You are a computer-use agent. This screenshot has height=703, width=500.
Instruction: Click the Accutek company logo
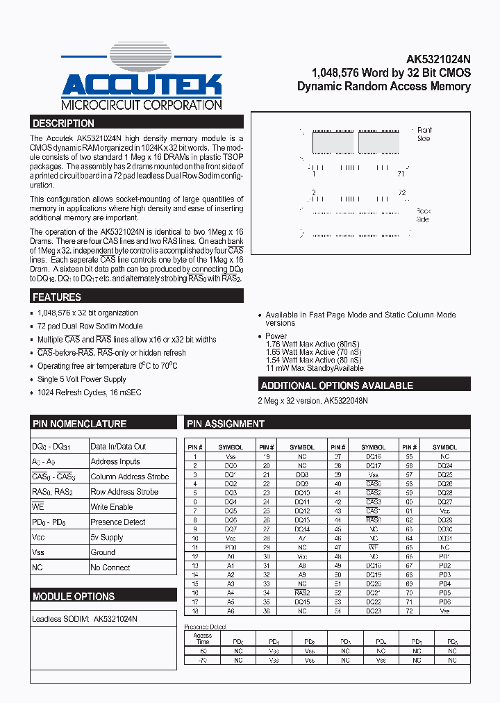pyautogui.click(x=142, y=78)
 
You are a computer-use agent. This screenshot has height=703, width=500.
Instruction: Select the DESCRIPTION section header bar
pyautogui.click(x=137, y=124)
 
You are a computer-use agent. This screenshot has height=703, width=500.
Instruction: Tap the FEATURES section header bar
pyautogui.click(x=137, y=297)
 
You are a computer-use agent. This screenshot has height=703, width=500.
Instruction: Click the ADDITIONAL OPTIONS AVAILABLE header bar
pyautogui.click(x=365, y=386)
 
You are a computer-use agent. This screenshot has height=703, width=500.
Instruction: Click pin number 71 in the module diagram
pyautogui.click(x=401, y=174)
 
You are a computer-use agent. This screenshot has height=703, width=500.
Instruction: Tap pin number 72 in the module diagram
pyautogui.click(x=401, y=192)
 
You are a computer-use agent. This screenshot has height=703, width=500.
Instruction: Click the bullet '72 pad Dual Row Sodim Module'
pyautogui.click(x=90, y=326)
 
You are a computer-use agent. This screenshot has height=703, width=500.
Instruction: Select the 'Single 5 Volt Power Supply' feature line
pyautogui.click(x=82, y=379)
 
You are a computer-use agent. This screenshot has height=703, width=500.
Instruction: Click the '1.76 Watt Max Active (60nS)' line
pyautogui.click(x=313, y=345)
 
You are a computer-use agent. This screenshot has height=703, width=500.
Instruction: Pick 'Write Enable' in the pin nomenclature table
pyautogui.click(x=111, y=507)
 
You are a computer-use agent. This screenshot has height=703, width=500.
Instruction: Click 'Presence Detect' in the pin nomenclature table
pyautogui.click(x=118, y=522)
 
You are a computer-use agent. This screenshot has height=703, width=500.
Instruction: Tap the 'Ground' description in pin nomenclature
pyautogui.click(x=103, y=552)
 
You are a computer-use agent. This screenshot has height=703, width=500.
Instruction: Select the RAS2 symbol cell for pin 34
pyautogui.click(x=302, y=593)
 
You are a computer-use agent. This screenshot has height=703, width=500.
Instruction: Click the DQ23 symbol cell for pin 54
pyautogui.click(x=374, y=611)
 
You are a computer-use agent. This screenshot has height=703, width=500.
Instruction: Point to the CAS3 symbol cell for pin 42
pyautogui.click(x=374, y=502)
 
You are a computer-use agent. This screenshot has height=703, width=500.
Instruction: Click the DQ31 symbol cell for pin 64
pyautogui.click(x=444, y=538)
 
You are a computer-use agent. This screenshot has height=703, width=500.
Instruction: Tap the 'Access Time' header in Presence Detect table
pyautogui.click(x=203, y=638)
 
